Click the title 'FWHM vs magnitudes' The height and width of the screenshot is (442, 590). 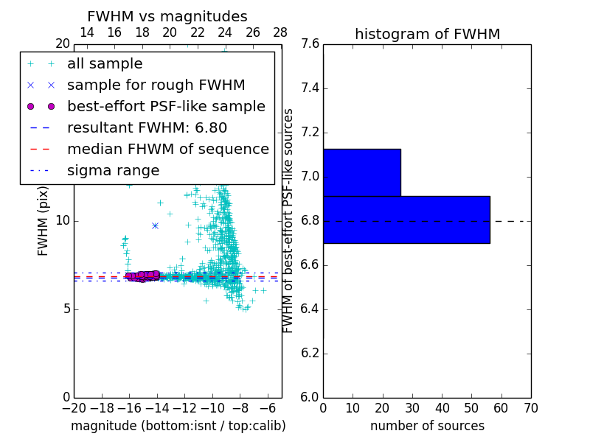[x=167, y=16]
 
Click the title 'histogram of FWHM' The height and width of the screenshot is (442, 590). [x=427, y=34]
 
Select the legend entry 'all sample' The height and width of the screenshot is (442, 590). [x=105, y=64]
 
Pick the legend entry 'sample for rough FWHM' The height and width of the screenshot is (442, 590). [x=156, y=85]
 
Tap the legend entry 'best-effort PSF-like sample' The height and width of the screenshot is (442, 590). [x=166, y=106]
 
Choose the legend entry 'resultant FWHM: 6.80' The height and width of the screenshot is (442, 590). [x=147, y=127]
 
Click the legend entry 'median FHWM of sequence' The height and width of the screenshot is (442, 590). [x=167, y=149]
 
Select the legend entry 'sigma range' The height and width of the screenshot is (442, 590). [x=113, y=170]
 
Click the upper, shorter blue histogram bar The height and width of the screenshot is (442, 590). [x=361, y=172]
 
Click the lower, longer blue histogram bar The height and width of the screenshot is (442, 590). [x=406, y=220]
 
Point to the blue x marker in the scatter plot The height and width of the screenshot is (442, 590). [x=155, y=225]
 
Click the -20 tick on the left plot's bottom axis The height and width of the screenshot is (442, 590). [x=74, y=408]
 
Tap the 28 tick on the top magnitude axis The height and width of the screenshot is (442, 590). [x=280, y=33]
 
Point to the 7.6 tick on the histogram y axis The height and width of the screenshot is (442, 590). [x=310, y=44]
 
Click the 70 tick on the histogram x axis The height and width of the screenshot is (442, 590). [x=530, y=408]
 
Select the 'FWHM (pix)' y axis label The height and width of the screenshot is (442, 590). [x=43, y=221]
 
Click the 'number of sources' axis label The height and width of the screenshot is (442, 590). [x=427, y=426]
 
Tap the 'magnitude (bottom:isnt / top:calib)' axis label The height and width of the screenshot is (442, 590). [x=178, y=426]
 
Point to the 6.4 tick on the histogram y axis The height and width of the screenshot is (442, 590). [x=310, y=309]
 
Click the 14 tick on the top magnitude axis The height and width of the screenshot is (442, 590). [x=86, y=33]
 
